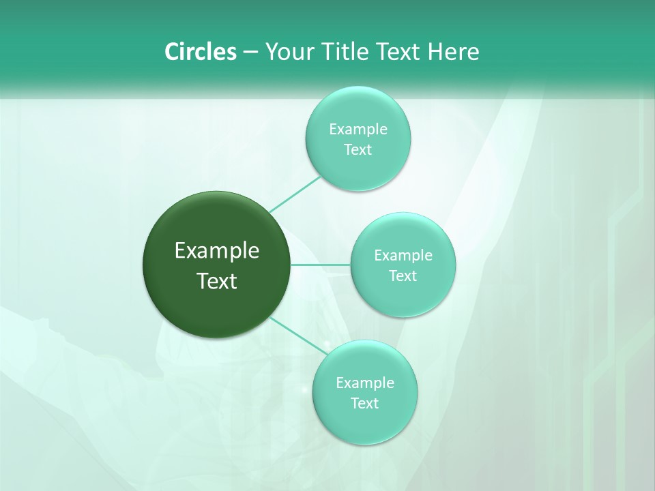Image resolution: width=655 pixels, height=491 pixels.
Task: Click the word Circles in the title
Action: point(200,52)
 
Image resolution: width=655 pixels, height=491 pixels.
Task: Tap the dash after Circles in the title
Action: point(250,52)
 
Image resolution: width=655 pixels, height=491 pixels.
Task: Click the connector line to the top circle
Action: point(295,194)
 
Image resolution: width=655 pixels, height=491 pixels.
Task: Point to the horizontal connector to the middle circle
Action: point(321,265)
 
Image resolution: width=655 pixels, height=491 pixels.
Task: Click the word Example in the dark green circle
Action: point(217,251)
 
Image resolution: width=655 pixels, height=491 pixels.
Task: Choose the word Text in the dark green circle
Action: point(217,281)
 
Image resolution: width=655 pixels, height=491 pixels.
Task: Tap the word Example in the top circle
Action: point(358,130)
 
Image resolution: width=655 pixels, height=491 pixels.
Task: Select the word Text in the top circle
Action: point(358,150)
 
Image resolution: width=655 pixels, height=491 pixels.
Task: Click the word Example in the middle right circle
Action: point(403,256)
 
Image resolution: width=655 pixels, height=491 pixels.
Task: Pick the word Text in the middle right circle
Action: point(403,276)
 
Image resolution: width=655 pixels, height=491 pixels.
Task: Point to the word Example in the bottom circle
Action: point(365,383)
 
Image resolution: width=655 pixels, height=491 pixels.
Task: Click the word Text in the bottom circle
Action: point(365,404)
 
